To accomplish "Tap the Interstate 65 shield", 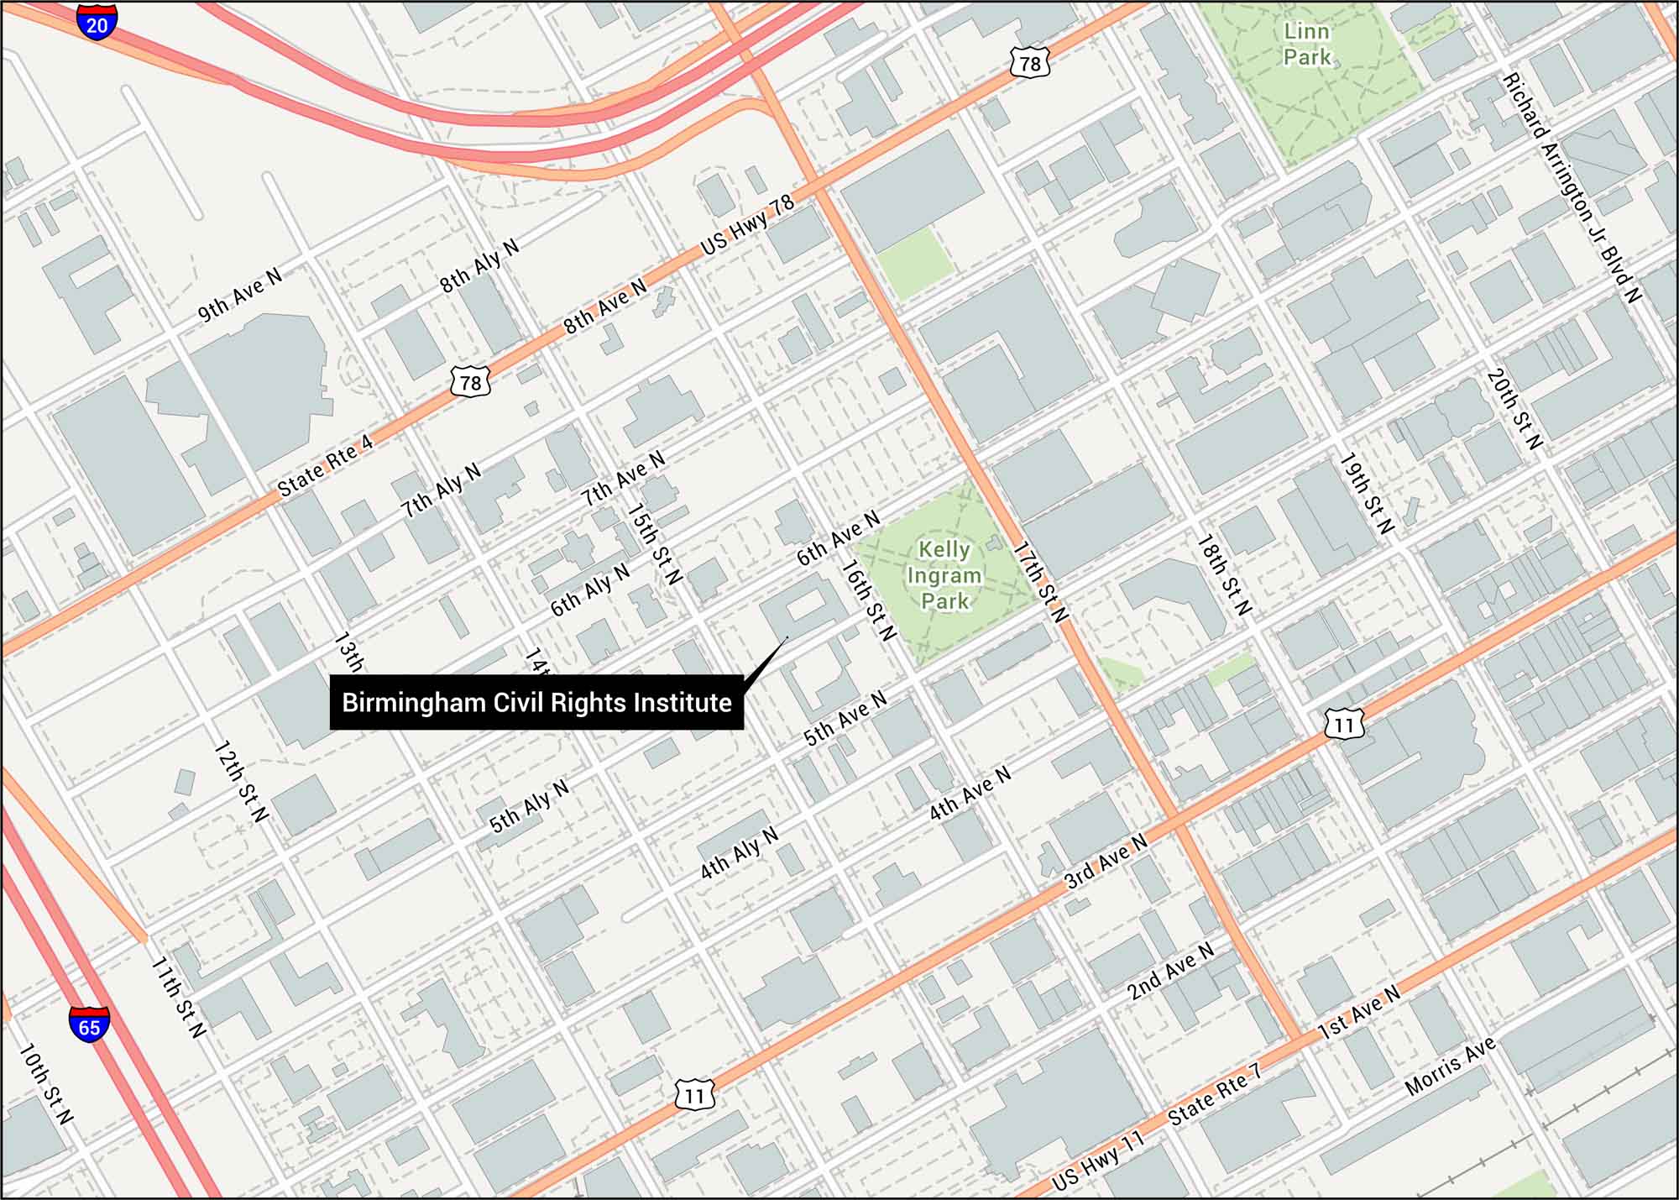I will (89, 1024).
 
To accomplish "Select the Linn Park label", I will (1307, 45).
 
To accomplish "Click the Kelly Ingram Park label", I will (944, 575).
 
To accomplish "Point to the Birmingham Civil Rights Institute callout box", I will (536, 702).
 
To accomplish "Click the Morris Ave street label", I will (1450, 1065).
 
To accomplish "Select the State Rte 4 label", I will (324, 466).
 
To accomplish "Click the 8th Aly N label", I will (479, 265).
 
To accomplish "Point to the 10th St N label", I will (45, 1082).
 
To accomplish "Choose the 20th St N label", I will (1514, 409).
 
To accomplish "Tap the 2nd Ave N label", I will (1170, 970).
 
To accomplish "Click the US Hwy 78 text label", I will (747, 225).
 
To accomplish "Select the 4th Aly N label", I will (740, 852).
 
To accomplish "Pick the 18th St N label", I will (1224, 575).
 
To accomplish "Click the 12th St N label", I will (241, 781).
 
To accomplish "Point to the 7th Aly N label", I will (441, 490).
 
